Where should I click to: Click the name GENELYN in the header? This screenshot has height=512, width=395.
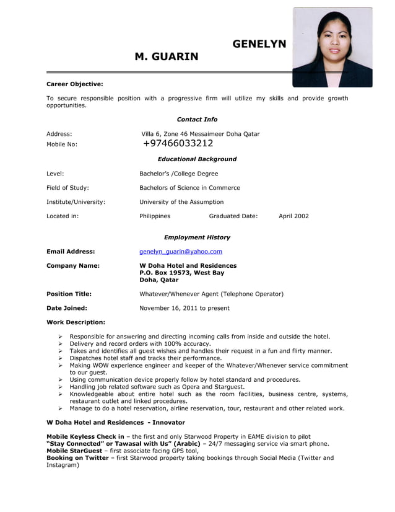[x=259, y=44]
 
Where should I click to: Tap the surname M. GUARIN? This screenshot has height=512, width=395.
[x=167, y=57]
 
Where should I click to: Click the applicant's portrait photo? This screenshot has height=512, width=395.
[x=332, y=47]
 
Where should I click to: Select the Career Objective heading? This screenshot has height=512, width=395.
[x=75, y=84]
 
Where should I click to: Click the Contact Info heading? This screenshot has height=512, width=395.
[x=197, y=120]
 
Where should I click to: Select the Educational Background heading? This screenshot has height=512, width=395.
[x=197, y=159]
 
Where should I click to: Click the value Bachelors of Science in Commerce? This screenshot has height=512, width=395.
[x=189, y=188]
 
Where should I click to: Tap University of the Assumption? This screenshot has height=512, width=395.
[x=181, y=202]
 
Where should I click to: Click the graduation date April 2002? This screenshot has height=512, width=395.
[x=293, y=216]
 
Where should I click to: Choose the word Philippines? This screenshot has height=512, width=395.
[x=155, y=216]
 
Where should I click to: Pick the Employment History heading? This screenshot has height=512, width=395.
[x=197, y=237]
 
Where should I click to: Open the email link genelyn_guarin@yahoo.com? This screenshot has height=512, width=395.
[x=181, y=252]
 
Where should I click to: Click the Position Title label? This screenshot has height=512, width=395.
[x=69, y=294]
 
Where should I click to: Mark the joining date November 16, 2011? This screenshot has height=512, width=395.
[x=184, y=308]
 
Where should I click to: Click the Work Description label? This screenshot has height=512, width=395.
[x=76, y=322]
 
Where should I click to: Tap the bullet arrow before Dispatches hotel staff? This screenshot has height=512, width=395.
[x=61, y=358]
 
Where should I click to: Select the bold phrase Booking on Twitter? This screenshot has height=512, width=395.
[x=77, y=458]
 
